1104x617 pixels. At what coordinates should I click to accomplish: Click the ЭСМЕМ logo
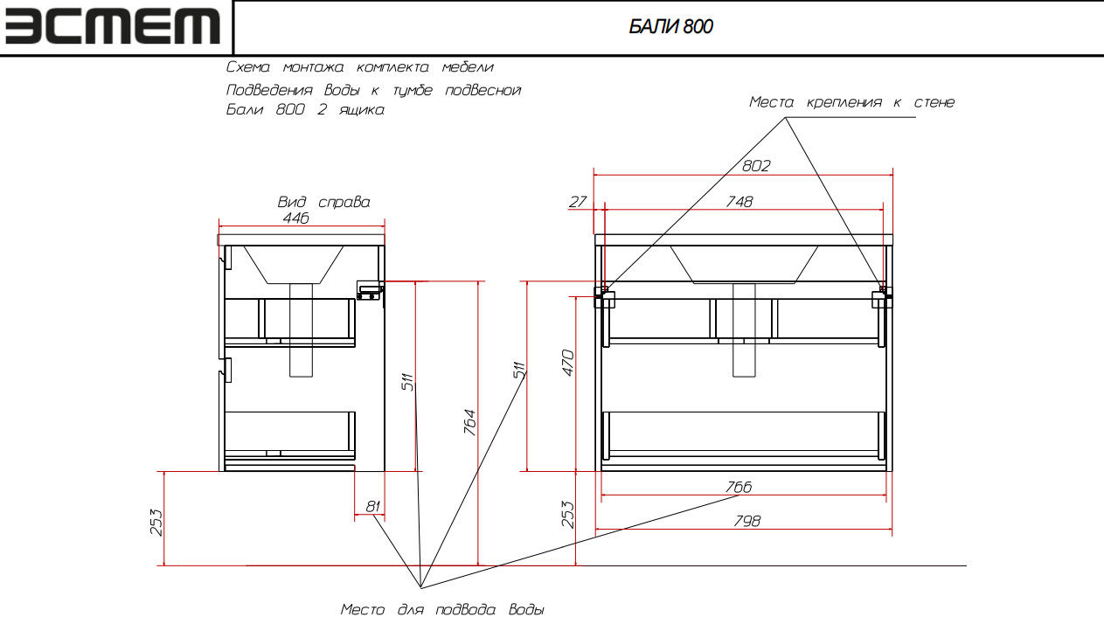(113, 27)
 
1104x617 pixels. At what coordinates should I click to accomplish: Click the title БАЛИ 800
(670, 26)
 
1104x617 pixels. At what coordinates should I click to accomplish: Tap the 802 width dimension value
(756, 165)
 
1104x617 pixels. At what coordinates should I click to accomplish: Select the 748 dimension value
(739, 202)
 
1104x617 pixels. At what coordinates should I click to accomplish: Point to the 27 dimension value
(578, 202)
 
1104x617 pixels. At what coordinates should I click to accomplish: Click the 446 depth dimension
(295, 218)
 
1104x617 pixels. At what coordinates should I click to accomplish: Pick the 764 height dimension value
(469, 422)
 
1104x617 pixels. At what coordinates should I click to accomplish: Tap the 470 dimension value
(568, 363)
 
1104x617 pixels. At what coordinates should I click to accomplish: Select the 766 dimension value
(739, 487)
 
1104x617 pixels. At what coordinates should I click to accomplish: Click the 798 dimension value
(747, 521)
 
